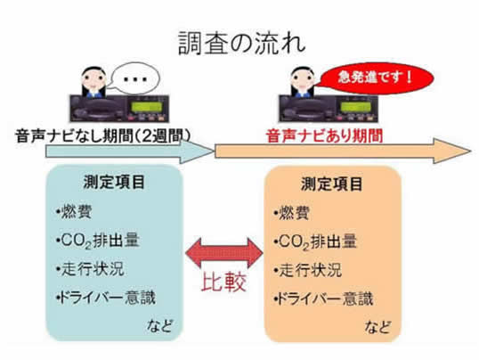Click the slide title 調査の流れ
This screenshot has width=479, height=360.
pyautogui.click(x=241, y=43)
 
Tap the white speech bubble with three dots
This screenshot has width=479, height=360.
pyautogui.click(x=134, y=78)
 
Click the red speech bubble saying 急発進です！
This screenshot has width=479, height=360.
pyautogui.click(x=375, y=78)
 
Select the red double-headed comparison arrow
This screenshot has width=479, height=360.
pyautogui.click(x=224, y=253)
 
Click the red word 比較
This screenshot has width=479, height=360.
pyautogui.click(x=224, y=282)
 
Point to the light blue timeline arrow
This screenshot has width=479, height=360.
pyautogui.click(x=129, y=151)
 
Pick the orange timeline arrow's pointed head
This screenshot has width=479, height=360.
pyautogui.click(x=452, y=151)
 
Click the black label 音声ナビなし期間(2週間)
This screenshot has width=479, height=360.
pyautogui.click(x=103, y=135)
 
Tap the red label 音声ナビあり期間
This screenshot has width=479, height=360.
pyautogui.click(x=325, y=135)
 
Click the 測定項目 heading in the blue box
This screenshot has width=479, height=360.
pyautogui.click(x=114, y=183)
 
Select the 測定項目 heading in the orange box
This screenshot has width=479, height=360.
pyautogui.click(x=332, y=184)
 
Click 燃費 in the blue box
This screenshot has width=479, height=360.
pyautogui.click(x=74, y=211)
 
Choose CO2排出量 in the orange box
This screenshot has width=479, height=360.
pyautogui.click(x=315, y=241)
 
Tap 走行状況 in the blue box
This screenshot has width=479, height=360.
pyautogui.click(x=91, y=269)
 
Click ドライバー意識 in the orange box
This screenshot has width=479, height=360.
pyautogui.click(x=323, y=299)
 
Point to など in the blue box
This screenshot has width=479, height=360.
pyautogui.click(x=159, y=326)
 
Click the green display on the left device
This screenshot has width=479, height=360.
pyautogui.click(x=146, y=107)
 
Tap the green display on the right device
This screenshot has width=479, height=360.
pyautogui.click(x=356, y=107)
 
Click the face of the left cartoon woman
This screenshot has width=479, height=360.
pyautogui.click(x=93, y=80)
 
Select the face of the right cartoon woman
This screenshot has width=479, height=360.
pyautogui.click(x=303, y=80)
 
